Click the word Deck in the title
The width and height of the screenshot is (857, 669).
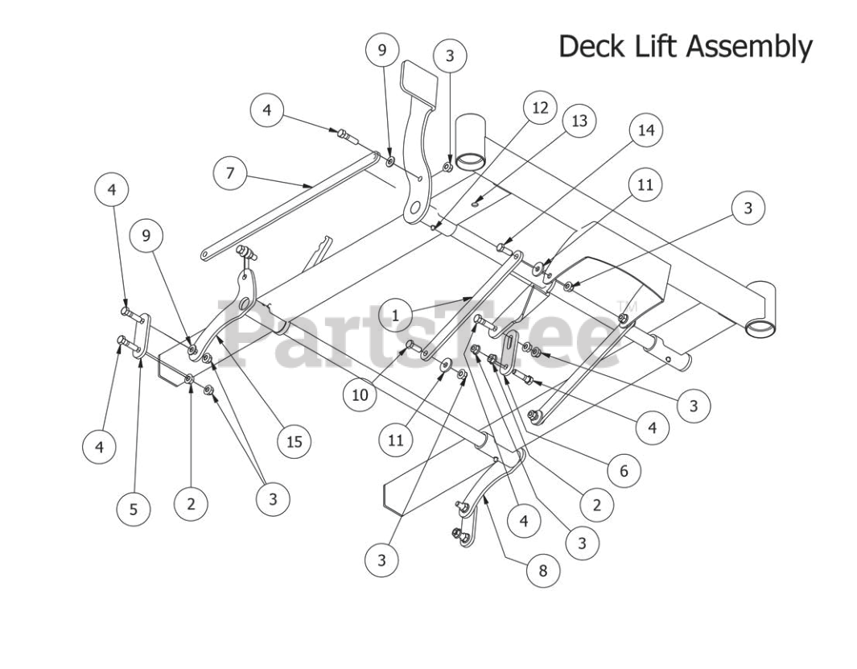[587, 46]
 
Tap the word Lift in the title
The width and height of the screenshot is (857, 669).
[648, 46]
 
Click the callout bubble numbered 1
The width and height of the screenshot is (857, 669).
[395, 315]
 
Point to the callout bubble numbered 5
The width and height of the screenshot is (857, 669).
[134, 509]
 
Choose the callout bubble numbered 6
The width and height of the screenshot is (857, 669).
[624, 471]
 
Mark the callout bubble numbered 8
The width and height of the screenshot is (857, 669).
[542, 570]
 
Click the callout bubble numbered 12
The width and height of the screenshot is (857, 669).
[539, 107]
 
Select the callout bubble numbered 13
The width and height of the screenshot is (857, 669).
[579, 122]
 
